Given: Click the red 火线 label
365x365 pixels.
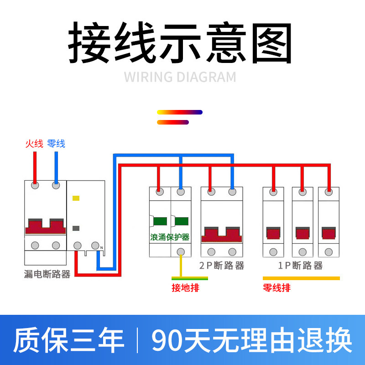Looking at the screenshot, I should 34,144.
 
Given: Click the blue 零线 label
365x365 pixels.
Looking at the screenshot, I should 56,144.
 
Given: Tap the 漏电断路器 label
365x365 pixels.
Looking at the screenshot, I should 47,274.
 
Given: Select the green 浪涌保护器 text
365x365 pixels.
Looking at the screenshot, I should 170,237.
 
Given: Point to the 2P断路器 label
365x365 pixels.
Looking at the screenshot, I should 222,266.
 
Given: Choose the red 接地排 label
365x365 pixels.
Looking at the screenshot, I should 185,288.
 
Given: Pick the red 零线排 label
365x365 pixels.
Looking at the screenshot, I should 276,288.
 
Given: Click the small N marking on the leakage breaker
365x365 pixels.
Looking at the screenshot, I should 102,248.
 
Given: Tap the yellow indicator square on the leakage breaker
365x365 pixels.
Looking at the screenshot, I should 76,198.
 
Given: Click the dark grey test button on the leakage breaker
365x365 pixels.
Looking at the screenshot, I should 76,228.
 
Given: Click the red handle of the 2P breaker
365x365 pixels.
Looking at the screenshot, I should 222,234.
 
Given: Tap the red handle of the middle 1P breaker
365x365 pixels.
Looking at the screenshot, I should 302,233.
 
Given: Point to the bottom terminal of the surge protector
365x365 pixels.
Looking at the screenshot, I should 181,251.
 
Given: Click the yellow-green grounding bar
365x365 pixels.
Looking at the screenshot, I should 189,278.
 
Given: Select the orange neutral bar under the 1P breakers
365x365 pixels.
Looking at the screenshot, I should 301,278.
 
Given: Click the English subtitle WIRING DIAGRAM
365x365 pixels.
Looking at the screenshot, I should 180,77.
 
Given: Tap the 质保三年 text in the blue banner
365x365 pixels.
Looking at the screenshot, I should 68,340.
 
